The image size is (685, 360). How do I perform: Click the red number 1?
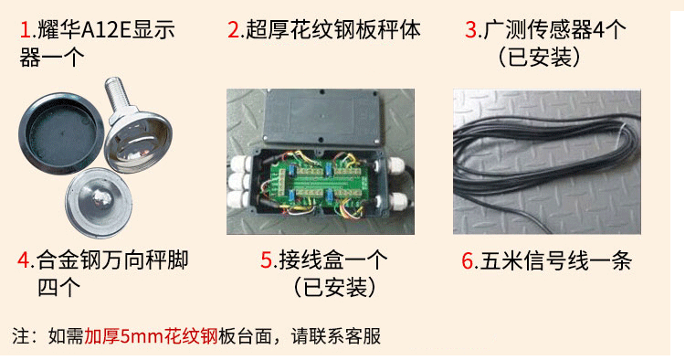(x=25, y=31)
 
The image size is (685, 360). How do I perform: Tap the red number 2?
(x=233, y=31)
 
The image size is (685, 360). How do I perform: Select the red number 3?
(x=471, y=31)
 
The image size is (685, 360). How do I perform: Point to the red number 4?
(x=25, y=260)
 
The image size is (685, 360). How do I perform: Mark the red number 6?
(x=468, y=260)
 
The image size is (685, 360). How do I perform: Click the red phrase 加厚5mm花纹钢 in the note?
(x=150, y=335)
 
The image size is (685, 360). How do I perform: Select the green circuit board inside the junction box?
(x=320, y=179)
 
